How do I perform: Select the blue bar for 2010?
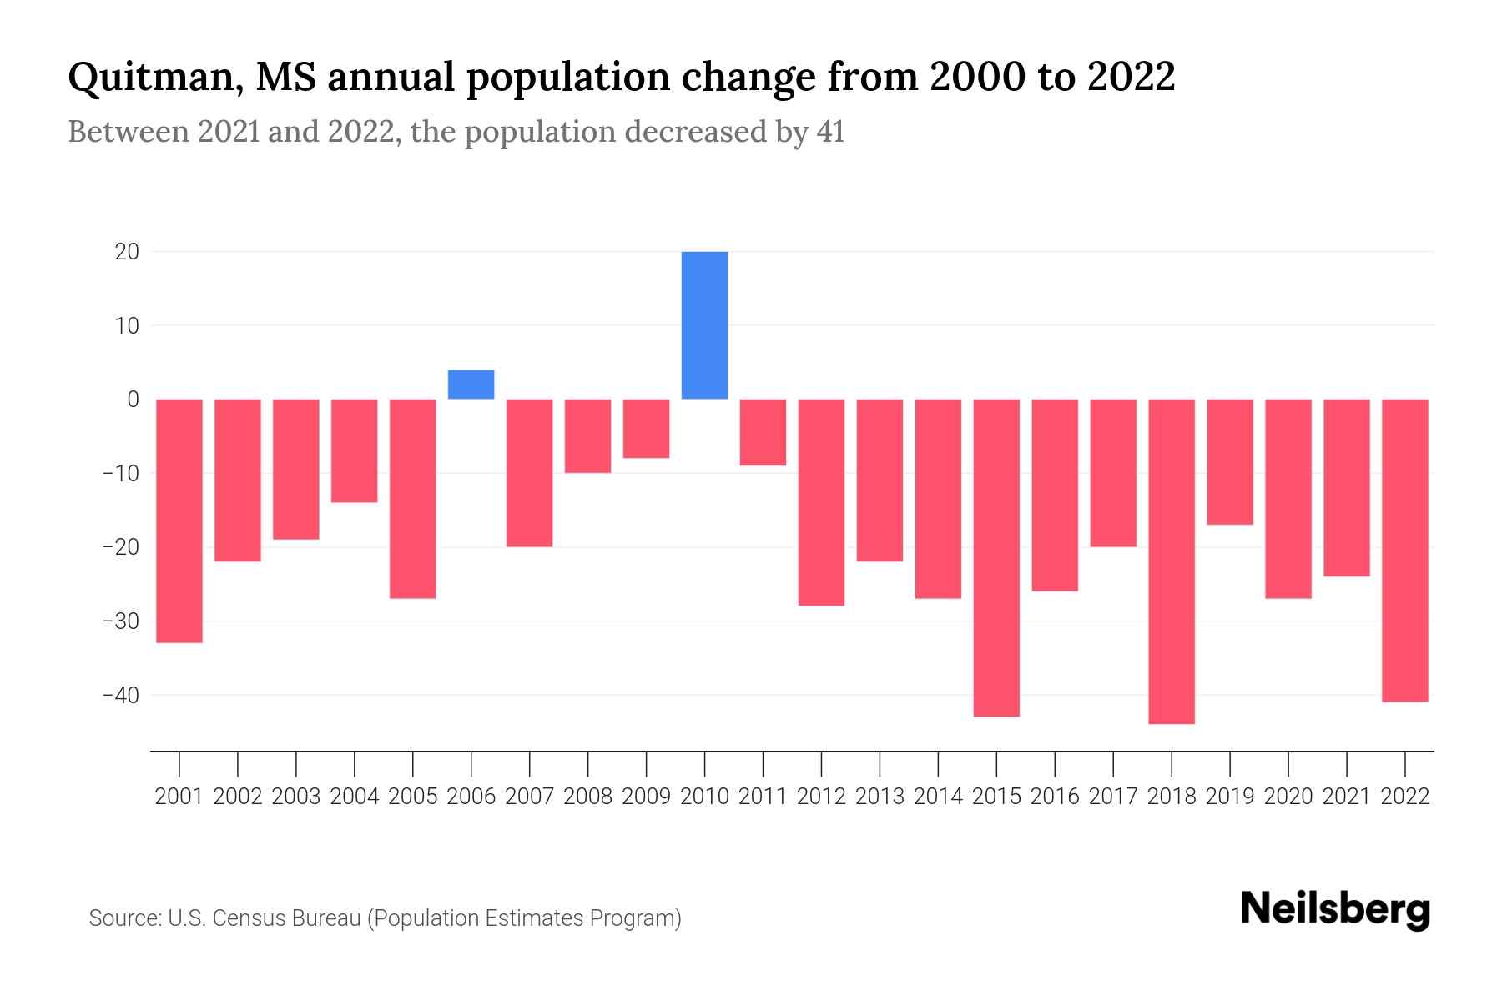point(704,325)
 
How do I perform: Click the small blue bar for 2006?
point(471,385)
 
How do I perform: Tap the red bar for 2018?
point(1171,561)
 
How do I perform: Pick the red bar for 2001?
point(179,521)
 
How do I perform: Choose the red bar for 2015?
point(996,557)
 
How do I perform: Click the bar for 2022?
point(1404,550)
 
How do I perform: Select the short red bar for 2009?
point(646,429)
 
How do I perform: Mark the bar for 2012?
point(821,502)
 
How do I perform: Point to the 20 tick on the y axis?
point(127,252)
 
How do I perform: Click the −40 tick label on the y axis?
point(120,695)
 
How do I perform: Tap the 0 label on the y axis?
point(133,400)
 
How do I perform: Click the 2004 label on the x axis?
point(355,797)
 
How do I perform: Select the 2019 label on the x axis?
point(1230,797)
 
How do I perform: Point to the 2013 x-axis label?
point(880,797)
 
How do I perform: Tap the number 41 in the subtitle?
point(830,132)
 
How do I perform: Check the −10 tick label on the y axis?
point(120,474)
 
